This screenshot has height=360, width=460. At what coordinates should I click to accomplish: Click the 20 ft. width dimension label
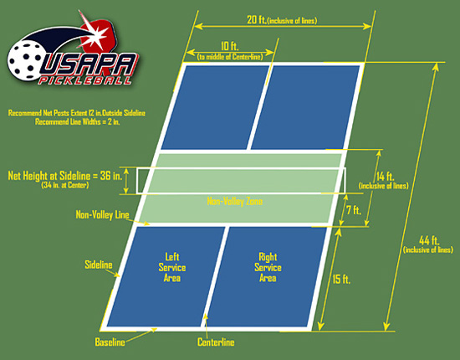(x=282, y=20)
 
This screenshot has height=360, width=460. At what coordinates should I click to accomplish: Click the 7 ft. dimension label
(x=354, y=210)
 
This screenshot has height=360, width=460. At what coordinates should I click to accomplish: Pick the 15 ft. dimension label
(x=341, y=280)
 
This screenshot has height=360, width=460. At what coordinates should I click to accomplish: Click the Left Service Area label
(x=172, y=268)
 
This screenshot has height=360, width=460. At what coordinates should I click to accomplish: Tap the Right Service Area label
(x=268, y=268)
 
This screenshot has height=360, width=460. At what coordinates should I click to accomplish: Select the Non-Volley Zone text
(x=235, y=202)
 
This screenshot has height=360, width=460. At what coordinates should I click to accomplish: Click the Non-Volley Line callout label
(x=102, y=214)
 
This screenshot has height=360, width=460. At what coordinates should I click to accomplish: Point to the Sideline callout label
(x=99, y=265)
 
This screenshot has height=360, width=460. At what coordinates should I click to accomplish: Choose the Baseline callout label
(x=110, y=342)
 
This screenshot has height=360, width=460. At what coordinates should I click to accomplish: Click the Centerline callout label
(x=216, y=342)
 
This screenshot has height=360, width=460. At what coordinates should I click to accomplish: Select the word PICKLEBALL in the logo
(x=85, y=80)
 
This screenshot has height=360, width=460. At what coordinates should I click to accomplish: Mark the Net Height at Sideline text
(x=65, y=176)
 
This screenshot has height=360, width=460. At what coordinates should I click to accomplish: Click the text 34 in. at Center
(x=65, y=185)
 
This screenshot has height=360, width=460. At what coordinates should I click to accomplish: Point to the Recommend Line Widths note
(x=78, y=122)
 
